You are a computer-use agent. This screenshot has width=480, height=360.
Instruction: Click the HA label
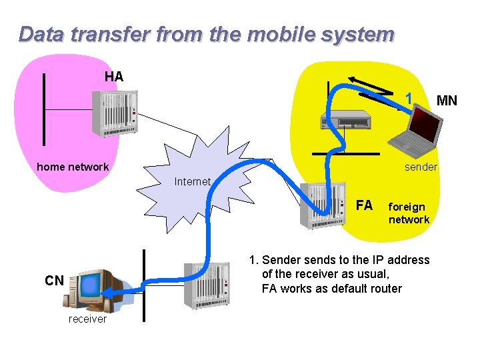point(114,77)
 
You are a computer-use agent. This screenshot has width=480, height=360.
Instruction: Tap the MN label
point(446,101)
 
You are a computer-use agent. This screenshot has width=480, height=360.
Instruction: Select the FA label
point(364,205)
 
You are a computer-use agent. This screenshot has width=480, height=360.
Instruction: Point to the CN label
point(54,281)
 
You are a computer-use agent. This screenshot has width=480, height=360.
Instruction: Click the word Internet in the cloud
point(193,181)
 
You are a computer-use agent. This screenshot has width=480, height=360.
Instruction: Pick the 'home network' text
point(73,167)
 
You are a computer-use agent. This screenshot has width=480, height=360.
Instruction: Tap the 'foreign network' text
point(409,213)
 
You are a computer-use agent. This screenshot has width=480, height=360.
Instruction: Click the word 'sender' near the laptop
point(421,167)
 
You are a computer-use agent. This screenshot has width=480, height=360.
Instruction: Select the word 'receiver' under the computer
point(87,319)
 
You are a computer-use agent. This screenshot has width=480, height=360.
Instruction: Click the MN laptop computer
point(415,126)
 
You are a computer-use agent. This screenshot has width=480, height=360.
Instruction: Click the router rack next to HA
point(117,113)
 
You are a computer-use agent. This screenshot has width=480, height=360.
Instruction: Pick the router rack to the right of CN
point(207,285)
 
